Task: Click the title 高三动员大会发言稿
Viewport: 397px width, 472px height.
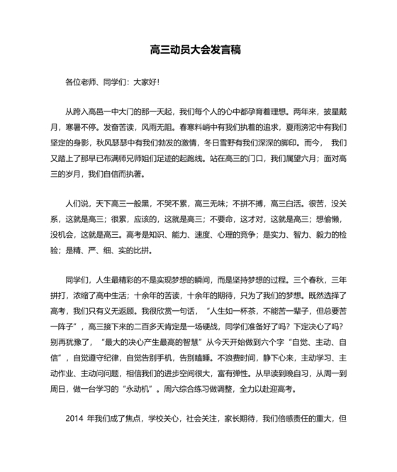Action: click(x=196, y=50)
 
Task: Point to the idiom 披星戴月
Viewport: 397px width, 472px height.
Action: click(x=329, y=112)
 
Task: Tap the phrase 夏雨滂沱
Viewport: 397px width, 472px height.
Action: click(x=301, y=128)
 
